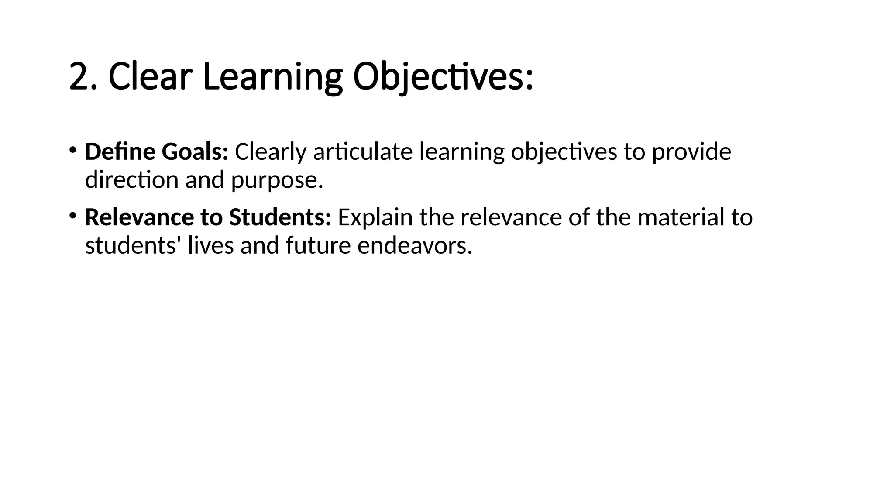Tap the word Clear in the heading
pos(150,77)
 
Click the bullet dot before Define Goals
pos(72,150)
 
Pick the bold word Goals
pos(195,152)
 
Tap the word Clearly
pos(271,152)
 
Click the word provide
pos(691,152)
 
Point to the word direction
pos(132,180)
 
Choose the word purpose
pos(277,180)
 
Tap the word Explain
pos(375,217)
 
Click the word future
pos(318,245)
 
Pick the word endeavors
pos(414,245)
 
